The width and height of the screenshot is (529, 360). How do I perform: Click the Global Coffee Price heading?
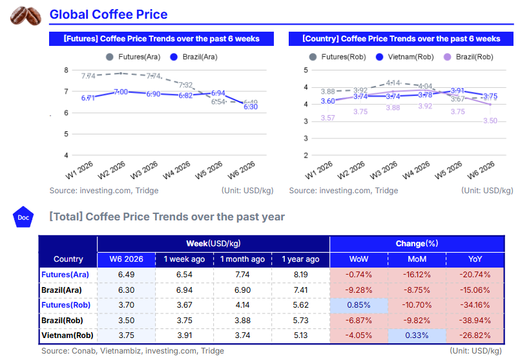point(109,14)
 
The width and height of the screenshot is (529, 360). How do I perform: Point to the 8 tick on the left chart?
point(66,70)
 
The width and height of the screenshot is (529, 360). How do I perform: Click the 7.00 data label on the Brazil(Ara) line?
point(121,92)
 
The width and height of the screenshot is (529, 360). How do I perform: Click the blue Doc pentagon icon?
point(23,217)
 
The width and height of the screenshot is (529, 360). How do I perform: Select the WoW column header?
point(358,259)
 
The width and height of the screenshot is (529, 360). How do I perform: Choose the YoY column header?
point(475,259)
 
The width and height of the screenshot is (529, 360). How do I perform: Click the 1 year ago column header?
point(300,259)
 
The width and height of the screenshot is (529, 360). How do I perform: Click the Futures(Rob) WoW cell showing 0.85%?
point(358,305)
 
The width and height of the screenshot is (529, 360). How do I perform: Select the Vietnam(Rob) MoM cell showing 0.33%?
point(417,335)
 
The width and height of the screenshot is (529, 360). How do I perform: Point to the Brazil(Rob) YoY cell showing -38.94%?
point(475,321)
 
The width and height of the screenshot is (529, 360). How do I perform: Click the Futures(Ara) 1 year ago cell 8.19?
point(300,275)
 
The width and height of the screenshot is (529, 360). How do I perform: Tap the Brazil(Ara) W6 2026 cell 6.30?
point(127,290)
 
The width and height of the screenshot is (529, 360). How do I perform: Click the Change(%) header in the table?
point(417,244)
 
